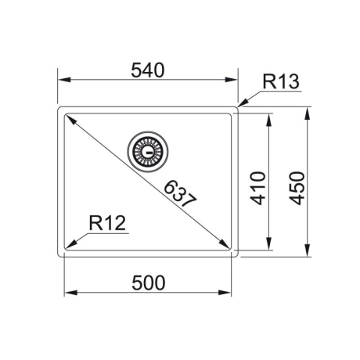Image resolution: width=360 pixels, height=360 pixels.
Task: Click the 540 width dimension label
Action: [x=148, y=70]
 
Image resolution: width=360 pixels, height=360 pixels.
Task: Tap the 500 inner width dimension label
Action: [x=149, y=283]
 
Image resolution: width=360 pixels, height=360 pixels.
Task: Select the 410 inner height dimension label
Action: [x=258, y=188]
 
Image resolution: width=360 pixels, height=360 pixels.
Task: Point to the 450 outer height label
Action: [x=297, y=188]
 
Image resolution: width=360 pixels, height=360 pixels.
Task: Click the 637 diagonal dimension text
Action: [x=179, y=193]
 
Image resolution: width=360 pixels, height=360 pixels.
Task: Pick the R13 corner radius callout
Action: [x=281, y=82]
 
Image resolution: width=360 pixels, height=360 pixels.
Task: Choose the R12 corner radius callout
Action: [x=107, y=223]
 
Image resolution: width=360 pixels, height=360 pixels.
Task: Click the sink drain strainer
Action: [x=148, y=152]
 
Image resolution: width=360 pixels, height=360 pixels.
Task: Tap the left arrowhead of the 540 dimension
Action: [x=64, y=80]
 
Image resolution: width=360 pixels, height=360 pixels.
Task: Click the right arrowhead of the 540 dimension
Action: [x=232, y=80]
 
